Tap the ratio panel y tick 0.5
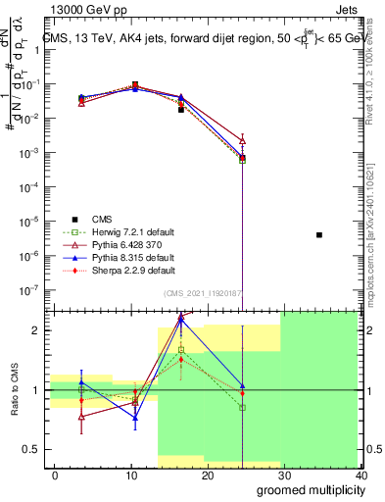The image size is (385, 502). click(x=29, y=449)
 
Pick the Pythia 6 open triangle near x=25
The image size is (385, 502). click(x=242, y=141)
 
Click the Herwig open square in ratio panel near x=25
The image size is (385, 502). click(x=242, y=407)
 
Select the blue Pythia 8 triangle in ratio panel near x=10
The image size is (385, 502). click(x=135, y=418)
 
